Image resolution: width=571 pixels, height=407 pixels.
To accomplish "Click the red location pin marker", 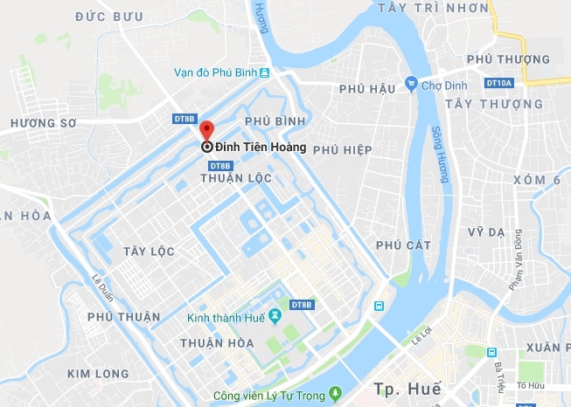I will (x=206, y=129).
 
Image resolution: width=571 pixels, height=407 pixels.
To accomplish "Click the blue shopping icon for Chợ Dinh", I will (x=410, y=84).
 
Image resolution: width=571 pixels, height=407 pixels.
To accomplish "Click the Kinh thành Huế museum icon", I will (x=275, y=314).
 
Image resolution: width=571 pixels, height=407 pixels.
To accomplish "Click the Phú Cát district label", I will (x=403, y=245).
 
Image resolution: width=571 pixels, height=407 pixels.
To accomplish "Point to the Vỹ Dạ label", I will (x=488, y=231).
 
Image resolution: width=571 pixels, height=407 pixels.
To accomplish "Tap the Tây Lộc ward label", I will (x=149, y=252).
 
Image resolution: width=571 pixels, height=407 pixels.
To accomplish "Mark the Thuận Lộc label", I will (x=236, y=178).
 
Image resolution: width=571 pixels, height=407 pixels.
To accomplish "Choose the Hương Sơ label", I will (x=40, y=125).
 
